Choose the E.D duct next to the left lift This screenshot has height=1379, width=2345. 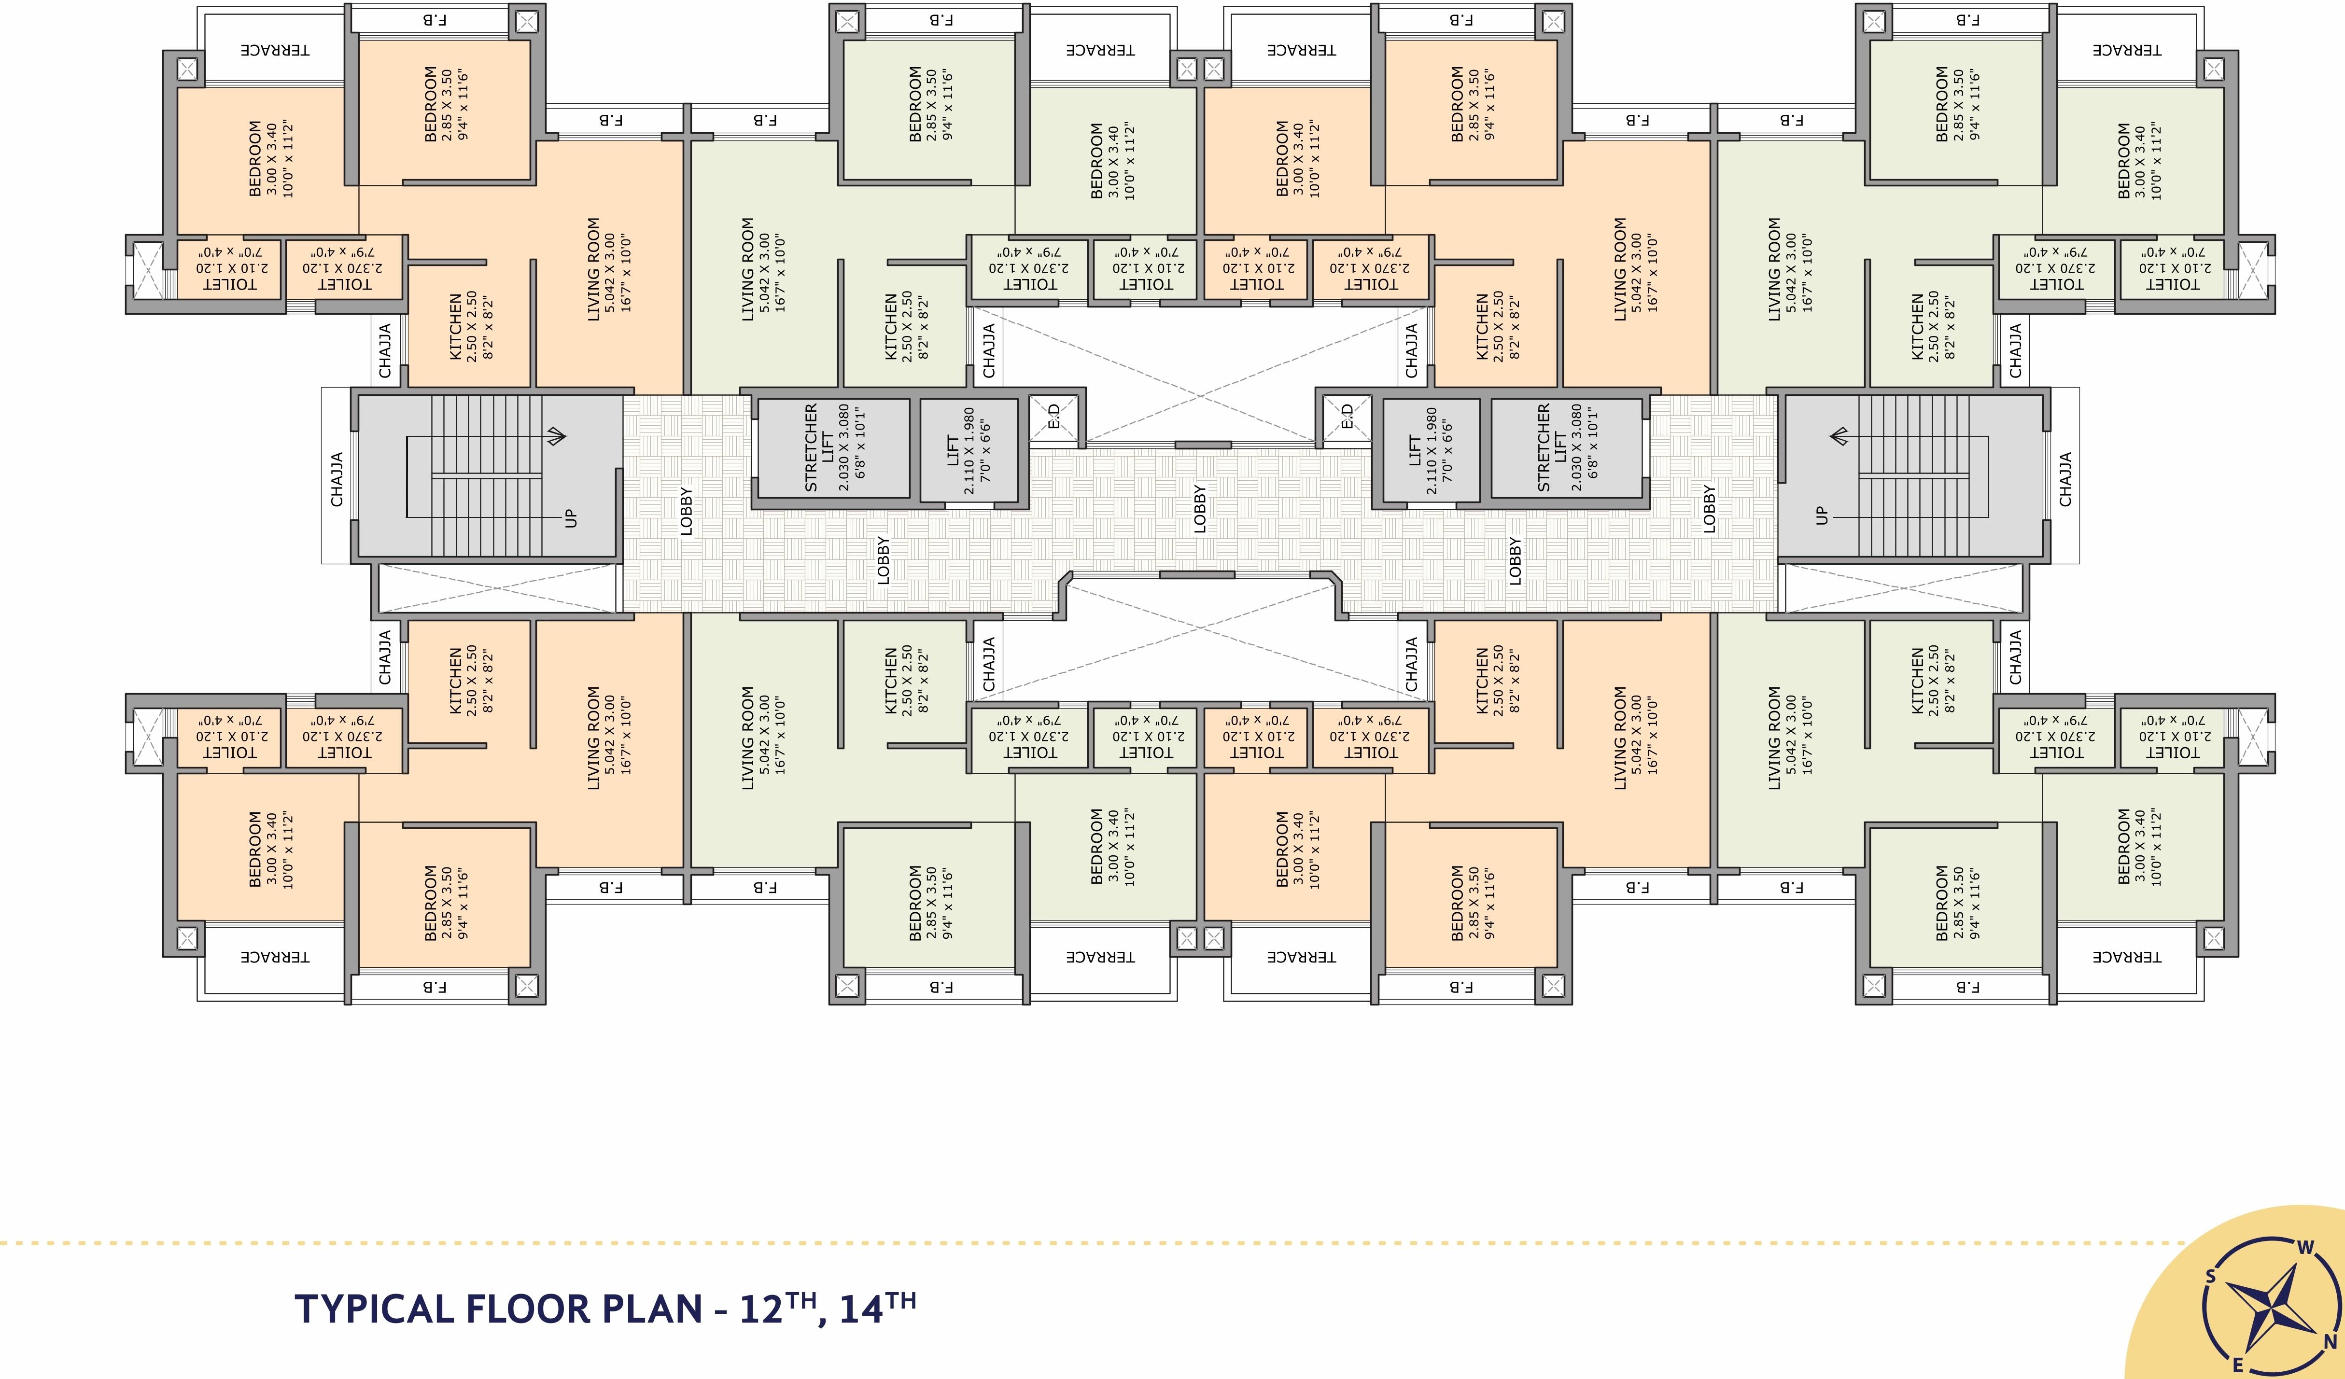(x=1053, y=416)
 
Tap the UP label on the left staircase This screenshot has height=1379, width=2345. (x=570, y=518)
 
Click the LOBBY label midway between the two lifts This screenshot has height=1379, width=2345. (x=1199, y=509)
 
